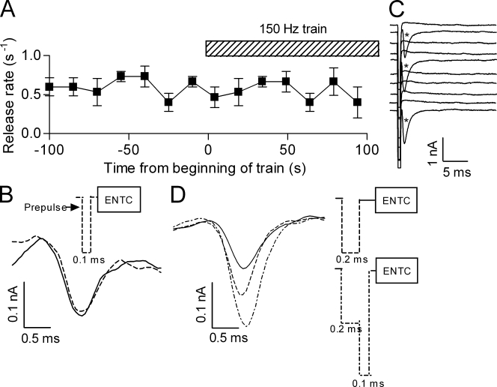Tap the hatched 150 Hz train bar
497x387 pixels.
(x=292, y=48)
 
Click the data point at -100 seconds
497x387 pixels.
(x=49, y=86)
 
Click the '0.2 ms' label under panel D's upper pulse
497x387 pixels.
(x=350, y=259)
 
